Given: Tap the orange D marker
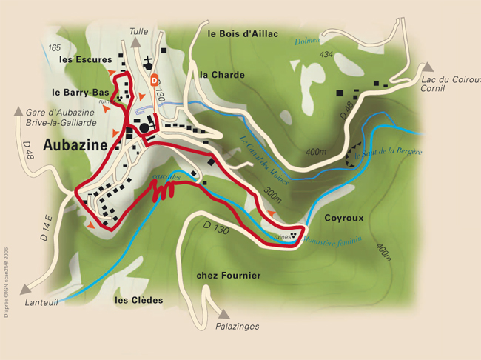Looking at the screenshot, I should tap(155, 79).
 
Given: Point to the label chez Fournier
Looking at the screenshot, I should tap(229, 276).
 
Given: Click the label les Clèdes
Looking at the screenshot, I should tap(138, 301).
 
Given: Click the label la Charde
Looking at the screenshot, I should tap(222, 75).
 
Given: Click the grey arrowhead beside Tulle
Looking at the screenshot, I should tap(138, 43).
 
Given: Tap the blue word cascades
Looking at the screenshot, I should tap(164, 176).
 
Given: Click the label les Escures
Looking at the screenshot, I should tap(85, 59).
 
